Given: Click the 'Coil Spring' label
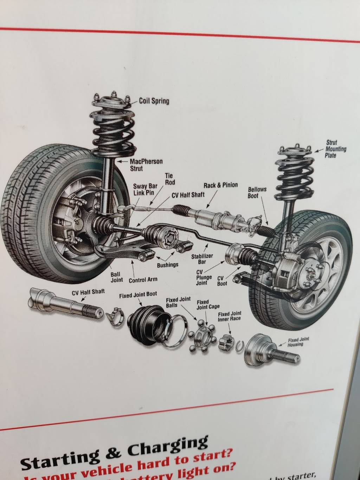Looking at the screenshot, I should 154,101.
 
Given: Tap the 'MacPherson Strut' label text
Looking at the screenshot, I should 146,165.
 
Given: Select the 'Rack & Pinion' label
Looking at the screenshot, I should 220,185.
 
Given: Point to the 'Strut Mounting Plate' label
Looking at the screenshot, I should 335,149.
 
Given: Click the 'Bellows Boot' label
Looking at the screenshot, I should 257,192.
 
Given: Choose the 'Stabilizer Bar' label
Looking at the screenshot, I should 202,259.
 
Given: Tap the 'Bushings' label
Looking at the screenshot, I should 167,265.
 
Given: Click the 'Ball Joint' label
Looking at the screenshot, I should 116,277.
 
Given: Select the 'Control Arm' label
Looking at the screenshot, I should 143,280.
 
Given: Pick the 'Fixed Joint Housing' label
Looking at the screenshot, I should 298,342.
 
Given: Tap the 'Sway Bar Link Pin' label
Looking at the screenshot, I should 144,190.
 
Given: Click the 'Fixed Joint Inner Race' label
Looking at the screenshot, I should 229,316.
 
